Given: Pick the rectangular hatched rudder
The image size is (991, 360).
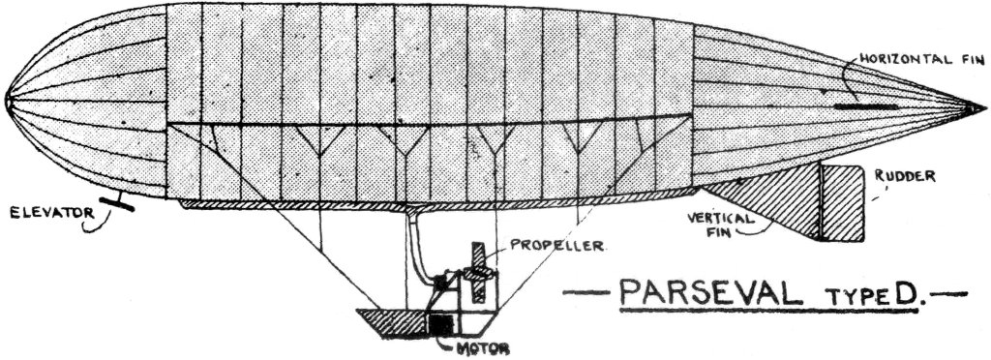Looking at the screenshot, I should coord(840,203).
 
